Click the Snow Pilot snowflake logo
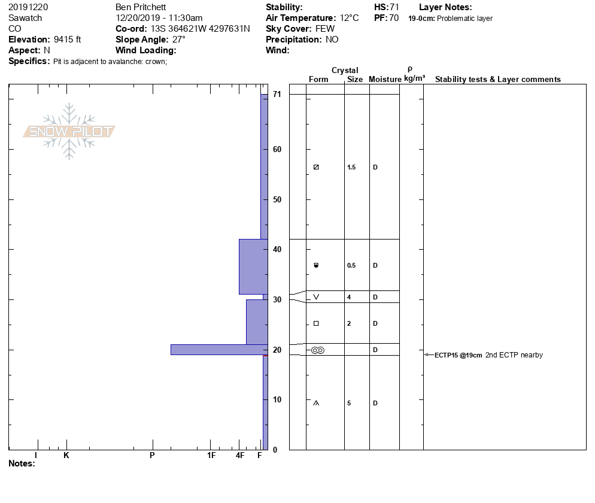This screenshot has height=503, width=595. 69,131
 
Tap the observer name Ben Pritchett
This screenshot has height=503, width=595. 141,7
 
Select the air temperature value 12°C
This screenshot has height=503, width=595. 349,18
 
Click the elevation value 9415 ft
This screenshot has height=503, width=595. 67,40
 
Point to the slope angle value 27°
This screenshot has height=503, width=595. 179,40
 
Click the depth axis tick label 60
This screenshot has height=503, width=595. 277,149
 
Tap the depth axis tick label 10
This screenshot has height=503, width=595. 277,399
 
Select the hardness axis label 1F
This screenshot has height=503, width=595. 211,455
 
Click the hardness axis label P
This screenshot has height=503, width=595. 152,455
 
